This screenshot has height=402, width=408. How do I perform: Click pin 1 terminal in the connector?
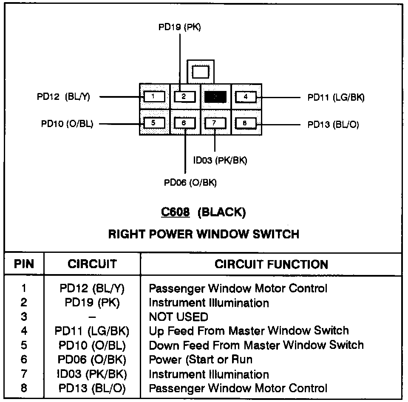click(153, 96)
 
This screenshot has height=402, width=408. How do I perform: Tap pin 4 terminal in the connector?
click(246, 96)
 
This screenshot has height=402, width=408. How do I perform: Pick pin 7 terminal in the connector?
click(215, 123)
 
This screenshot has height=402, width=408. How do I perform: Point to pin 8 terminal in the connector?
click(245, 123)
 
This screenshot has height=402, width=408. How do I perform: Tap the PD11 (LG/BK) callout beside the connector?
click(336, 97)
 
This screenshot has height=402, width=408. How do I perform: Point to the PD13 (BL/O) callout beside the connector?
click(333, 125)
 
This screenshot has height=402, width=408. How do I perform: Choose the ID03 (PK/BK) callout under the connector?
click(220, 160)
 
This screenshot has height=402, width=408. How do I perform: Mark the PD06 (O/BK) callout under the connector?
click(190, 183)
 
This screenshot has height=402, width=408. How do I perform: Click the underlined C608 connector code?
click(175, 212)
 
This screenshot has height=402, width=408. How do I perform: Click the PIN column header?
click(24, 264)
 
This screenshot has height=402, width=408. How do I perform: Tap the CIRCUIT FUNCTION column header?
click(271, 264)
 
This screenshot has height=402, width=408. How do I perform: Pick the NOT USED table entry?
click(178, 317)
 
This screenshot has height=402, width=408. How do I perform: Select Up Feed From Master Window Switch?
click(249, 331)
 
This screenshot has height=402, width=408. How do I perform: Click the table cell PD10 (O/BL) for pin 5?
click(92, 345)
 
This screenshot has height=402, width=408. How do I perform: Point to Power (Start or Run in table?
click(200, 359)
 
